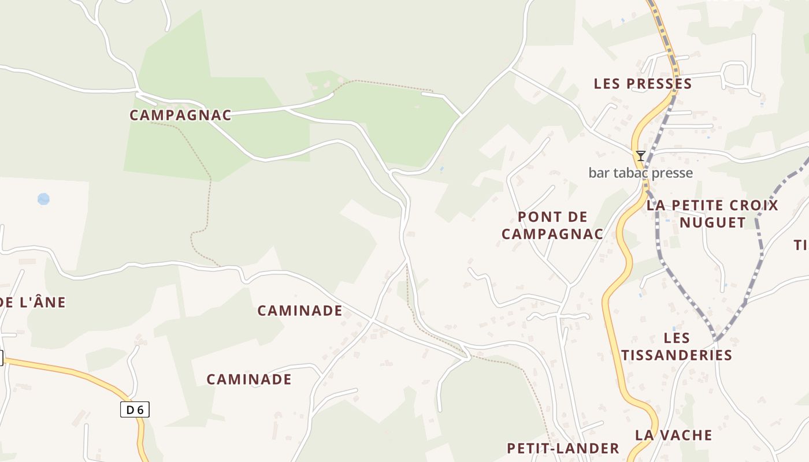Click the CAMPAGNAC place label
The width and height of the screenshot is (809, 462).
[x=180, y=115]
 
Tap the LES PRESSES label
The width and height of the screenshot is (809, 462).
[x=643, y=84]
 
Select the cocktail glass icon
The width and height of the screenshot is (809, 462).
[x=640, y=156]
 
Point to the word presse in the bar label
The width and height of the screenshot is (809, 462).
[x=673, y=173]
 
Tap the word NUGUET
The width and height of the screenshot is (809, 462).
[x=712, y=222]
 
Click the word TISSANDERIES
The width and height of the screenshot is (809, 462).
[x=677, y=355]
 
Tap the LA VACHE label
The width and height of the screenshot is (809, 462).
[x=673, y=435]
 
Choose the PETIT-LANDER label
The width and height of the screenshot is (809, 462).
[x=563, y=448]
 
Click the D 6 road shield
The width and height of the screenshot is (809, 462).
[x=135, y=410]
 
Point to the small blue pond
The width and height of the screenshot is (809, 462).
[x=43, y=199]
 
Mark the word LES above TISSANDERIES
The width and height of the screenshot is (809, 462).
[x=677, y=337]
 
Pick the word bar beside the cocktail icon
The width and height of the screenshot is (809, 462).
[x=599, y=173]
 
